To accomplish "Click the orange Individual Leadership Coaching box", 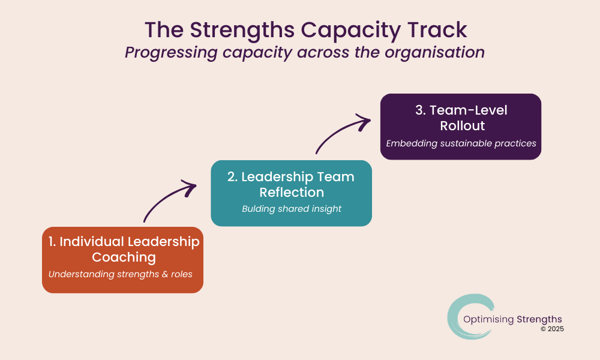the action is [x=122, y=260].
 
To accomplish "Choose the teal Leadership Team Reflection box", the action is [x=291, y=193].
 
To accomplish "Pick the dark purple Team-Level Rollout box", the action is [x=461, y=127].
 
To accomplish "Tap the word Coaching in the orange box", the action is [x=124, y=257].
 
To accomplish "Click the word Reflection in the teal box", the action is [x=292, y=192].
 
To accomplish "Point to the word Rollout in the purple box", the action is [x=462, y=126].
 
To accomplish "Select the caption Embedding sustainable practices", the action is [x=461, y=143].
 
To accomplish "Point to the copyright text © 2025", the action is [x=552, y=329].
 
